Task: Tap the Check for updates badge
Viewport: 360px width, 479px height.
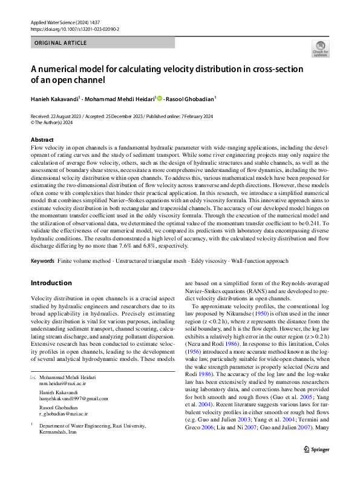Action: point(320,49)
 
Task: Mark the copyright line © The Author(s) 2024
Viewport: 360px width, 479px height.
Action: point(51,122)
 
